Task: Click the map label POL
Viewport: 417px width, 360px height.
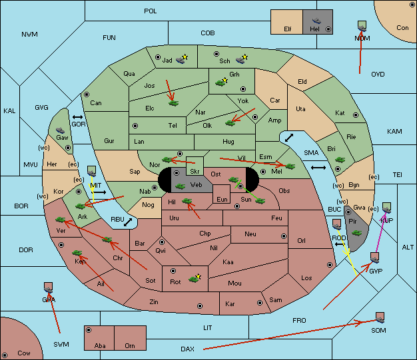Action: tap(151, 11)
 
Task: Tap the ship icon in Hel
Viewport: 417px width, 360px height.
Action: tap(316, 21)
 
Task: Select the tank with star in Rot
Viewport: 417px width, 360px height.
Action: tap(195, 278)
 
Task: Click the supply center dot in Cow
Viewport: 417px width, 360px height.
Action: tap(5, 355)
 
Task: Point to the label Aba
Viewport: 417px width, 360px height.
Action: tap(100, 345)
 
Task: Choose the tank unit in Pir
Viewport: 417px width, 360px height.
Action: tap(356, 233)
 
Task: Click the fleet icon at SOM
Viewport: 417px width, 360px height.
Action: tap(380, 317)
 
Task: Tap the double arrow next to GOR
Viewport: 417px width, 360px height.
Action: tap(78, 117)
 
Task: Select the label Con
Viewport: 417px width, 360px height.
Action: tap(402, 28)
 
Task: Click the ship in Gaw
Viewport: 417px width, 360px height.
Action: tap(61, 130)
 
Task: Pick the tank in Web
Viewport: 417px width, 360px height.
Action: tap(180, 186)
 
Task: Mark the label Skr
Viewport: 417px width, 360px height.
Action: tap(195, 172)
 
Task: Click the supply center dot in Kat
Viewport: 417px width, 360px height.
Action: tap(356, 115)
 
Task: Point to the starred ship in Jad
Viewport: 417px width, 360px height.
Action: tap(182, 59)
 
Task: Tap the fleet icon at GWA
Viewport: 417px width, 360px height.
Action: tap(49, 287)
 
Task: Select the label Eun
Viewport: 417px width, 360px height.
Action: tap(222, 199)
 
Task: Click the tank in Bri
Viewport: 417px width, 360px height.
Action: tap(340, 160)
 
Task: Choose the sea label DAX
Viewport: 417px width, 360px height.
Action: tap(187, 349)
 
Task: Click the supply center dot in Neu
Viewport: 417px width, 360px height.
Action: tap(284, 236)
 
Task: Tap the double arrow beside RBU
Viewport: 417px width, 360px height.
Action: tap(128, 222)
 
